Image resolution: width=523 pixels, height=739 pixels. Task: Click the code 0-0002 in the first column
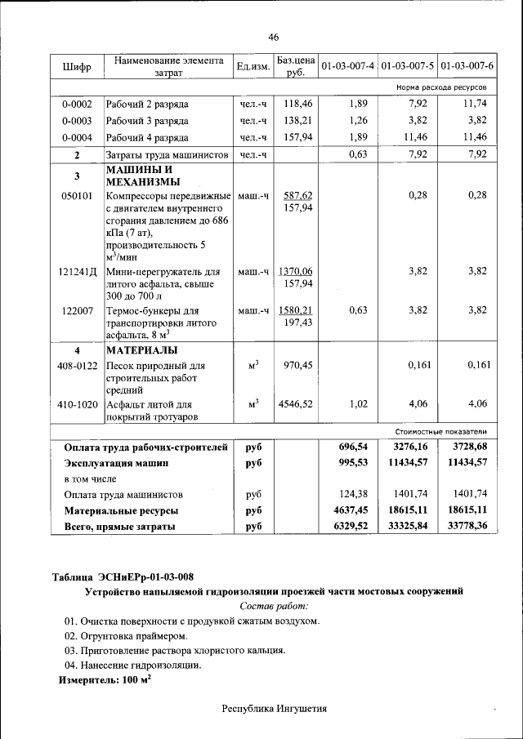pos(77,105)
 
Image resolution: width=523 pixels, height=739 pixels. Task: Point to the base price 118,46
pos(297,105)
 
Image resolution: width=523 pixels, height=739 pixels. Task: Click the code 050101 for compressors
pos(77,195)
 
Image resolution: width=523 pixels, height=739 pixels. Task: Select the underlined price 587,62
pos(297,195)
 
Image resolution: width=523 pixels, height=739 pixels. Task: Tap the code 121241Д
pos(77,271)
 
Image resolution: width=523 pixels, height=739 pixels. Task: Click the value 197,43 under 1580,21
pos(297,323)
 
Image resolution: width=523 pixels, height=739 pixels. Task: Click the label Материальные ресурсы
pos(122,510)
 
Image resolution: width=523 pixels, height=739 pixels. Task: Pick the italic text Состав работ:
pos(274,605)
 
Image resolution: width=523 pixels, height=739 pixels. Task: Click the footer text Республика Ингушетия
pos(274,709)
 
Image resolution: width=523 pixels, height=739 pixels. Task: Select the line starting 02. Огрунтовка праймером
pos(127,635)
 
